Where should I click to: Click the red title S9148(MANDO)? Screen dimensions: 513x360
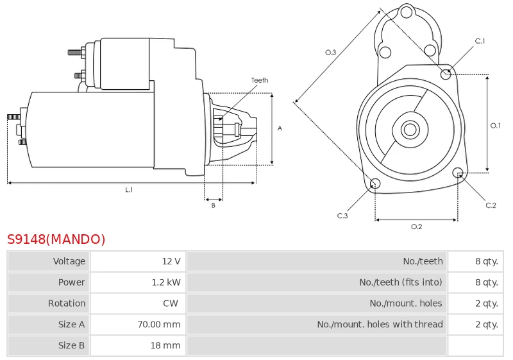coord(56,239)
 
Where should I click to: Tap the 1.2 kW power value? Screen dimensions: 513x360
coord(166,282)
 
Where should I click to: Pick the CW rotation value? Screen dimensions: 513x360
coord(171,304)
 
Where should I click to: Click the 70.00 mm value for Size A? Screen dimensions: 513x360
coord(158,324)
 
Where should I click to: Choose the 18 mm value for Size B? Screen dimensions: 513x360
coord(165,345)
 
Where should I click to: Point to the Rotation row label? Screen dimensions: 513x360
coord(67,304)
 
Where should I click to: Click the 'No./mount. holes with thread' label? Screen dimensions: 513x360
coord(380,324)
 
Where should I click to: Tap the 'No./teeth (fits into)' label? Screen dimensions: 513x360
coord(401,282)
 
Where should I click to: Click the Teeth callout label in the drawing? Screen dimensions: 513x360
coord(260,80)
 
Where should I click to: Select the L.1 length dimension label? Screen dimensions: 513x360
coord(129,189)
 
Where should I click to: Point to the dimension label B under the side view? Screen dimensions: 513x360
coord(214,205)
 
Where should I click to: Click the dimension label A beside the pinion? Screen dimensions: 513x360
coord(280,128)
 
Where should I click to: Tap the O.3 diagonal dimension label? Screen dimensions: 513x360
coord(330,53)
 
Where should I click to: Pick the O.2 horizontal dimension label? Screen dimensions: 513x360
coord(416,227)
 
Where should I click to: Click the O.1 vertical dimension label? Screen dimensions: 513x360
coord(495,125)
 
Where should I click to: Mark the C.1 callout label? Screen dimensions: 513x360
coord(480,41)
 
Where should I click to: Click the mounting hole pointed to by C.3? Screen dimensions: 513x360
coord(375,184)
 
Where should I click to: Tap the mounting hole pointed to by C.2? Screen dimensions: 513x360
coord(458,173)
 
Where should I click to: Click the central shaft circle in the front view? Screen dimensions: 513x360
coord(410,129)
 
